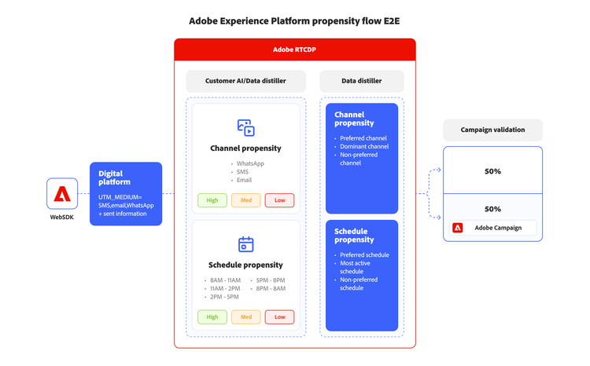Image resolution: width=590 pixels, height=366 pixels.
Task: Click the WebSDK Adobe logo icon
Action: (62, 194)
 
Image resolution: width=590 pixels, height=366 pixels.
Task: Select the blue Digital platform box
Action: (126, 194)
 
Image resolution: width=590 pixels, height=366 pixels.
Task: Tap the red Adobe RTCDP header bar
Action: (294, 49)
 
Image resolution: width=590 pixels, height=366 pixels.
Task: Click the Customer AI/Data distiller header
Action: (245, 81)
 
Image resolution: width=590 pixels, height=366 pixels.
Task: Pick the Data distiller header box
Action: (362, 81)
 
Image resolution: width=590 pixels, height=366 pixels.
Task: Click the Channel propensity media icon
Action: (245, 127)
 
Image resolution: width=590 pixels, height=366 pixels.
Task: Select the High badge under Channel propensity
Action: (212, 200)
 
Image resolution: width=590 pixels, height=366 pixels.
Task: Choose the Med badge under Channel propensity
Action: (246, 200)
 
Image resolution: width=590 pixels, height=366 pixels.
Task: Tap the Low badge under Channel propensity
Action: (279, 200)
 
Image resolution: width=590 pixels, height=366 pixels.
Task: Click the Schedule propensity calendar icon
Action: (245, 244)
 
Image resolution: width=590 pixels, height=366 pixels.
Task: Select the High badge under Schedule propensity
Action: (212, 317)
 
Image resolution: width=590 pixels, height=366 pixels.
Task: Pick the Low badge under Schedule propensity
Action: (279, 317)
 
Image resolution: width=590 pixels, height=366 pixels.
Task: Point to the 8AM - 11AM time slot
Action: (227, 280)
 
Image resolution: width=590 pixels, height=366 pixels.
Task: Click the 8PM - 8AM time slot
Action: (270, 289)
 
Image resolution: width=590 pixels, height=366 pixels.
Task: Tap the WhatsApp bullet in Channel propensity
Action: (250, 164)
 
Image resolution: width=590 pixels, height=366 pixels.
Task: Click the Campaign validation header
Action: (492, 130)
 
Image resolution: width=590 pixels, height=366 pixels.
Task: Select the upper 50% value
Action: (492, 171)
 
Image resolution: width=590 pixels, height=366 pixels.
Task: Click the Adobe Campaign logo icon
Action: (458, 228)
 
